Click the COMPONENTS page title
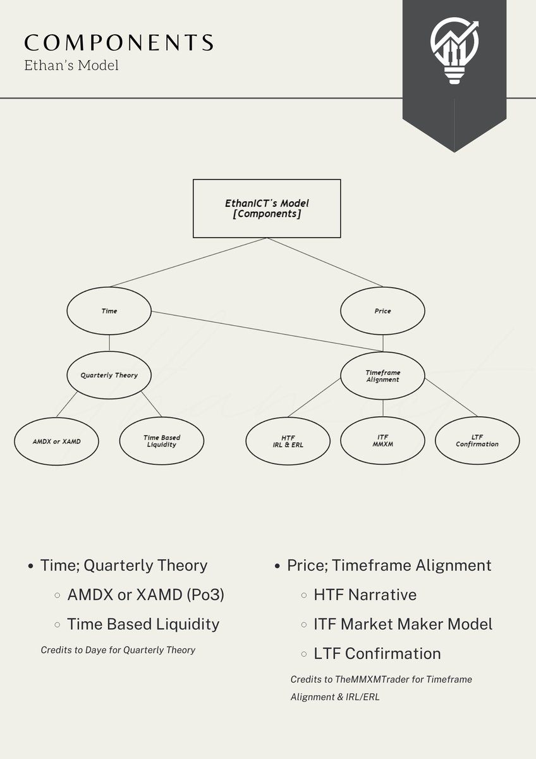[x=118, y=42]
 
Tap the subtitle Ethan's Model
[x=71, y=65]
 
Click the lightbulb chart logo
[x=454, y=51]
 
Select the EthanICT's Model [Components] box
[x=267, y=209]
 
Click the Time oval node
[x=109, y=311]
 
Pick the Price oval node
[x=382, y=311]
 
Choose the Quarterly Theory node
[x=109, y=375]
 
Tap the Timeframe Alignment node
[x=382, y=376]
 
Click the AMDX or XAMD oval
[x=57, y=441]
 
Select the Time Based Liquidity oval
[x=161, y=441]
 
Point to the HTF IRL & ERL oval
[x=288, y=441]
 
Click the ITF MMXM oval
[x=382, y=441]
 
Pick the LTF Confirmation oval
[x=477, y=441]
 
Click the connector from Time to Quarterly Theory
[x=109, y=343]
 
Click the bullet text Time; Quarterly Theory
[x=123, y=565]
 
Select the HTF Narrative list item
[x=365, y=595]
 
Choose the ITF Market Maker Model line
[x=403, y=624]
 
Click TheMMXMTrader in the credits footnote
[x=355, y=679]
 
